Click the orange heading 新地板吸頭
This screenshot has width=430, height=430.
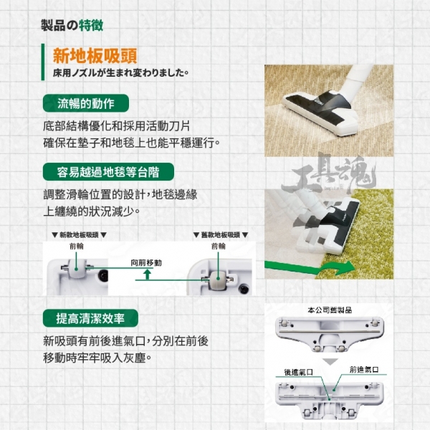95,56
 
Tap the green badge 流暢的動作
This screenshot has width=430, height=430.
86,103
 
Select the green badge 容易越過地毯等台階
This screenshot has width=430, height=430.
108,172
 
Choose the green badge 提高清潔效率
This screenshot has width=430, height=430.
90,318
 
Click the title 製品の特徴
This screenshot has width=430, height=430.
72,25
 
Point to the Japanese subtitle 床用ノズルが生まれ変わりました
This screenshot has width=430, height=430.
120,72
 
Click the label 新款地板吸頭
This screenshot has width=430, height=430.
79,235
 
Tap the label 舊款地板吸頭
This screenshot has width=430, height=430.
221,235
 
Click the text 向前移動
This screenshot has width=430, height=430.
146,263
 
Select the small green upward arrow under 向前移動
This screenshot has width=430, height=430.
147,274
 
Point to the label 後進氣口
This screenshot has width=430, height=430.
298,372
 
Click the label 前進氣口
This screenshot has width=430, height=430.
364,370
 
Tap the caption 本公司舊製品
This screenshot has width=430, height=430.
330,310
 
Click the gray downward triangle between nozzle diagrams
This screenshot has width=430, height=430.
330,362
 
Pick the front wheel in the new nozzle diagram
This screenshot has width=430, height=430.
77,269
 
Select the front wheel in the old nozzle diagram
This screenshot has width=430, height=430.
218,279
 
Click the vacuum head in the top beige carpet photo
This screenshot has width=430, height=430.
321,112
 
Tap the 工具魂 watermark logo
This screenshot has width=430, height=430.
329,173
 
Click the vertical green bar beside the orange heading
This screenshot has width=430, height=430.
43,62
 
